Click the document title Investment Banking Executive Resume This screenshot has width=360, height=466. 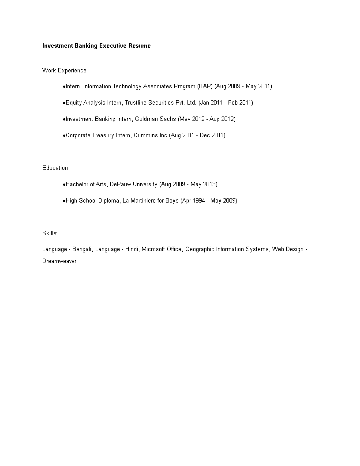(96, 45)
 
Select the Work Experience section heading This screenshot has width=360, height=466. (64, 70)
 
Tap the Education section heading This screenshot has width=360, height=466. (55, 168)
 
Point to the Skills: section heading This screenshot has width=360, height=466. (50, 233)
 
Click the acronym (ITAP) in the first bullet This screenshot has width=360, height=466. (205, 86)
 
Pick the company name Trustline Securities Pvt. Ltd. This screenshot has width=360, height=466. (161, 103)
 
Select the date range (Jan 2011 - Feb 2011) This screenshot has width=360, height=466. (226, 103)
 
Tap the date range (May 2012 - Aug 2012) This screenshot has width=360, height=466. (207, 119)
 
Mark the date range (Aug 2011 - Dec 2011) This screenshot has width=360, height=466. (197, 135)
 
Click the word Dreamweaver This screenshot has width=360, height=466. (59, 261)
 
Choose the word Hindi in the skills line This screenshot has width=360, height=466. (132, 249)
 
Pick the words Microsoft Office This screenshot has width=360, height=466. (161, 249)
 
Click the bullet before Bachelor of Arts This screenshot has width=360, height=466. (64, 184)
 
